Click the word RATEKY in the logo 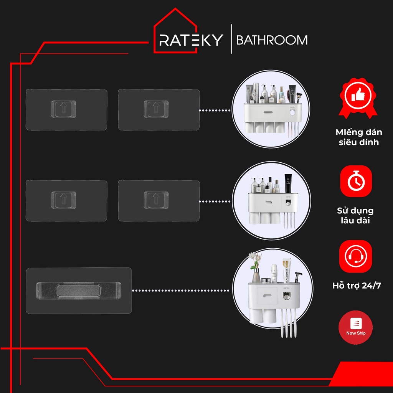click(191, 40)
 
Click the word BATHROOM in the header click(272, 40)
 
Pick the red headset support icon click(356, 256)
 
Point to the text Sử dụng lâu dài click(355, 216)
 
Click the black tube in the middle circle click(288, 183)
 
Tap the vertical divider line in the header click(231, 39)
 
